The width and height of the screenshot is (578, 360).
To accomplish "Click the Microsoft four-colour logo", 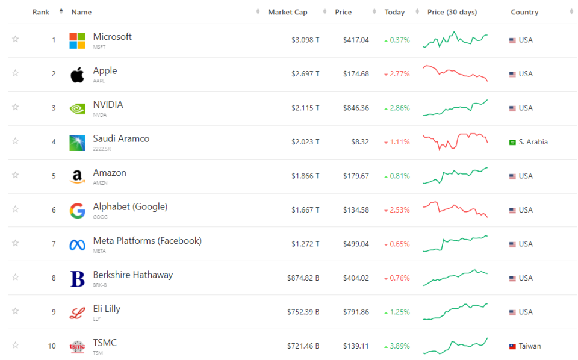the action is tap(78, 40).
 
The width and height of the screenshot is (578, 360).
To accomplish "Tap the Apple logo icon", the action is tap(78, 75).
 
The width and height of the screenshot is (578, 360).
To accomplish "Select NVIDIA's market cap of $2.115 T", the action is tap(305, 108).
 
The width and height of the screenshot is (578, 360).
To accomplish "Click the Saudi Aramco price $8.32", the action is tap(360, 142).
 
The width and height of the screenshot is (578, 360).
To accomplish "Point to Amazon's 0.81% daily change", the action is tap(397, 176).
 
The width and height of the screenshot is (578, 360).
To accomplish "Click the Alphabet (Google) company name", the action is tap(130, 206).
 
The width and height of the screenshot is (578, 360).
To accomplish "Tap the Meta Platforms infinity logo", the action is tap(78, 244).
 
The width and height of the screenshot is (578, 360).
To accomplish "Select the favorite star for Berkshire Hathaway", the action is tap(16, 277).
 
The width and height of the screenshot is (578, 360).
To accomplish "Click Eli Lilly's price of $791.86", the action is tap(356, 312).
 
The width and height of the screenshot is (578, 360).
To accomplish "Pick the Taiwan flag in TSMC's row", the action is tap(512, 346).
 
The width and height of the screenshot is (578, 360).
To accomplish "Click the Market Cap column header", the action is tap(288, 12).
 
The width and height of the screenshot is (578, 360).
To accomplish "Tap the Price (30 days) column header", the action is tap(452, 12).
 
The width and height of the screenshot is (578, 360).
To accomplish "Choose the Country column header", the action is tap(524, 12).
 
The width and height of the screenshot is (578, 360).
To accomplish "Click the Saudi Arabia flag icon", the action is tap(512, 143).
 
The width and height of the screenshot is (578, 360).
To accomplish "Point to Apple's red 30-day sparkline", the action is tap(455, 73).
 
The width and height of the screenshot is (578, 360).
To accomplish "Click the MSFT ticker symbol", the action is tap(99, 47).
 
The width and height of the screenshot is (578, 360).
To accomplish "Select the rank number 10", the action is tap(52, 346).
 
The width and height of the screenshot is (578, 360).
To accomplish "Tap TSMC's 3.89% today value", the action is tap(397, 346).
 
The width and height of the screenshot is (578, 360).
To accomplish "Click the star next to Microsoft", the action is tap(16, 39).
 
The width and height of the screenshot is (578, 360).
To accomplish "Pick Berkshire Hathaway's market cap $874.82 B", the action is tap(303, 278).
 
